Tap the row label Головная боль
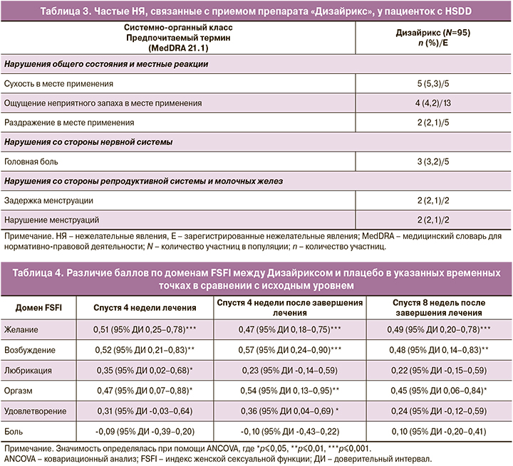click(x=29, y=161)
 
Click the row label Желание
click(x=21, y=330)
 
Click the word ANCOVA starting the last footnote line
click(x=21, y=458)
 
